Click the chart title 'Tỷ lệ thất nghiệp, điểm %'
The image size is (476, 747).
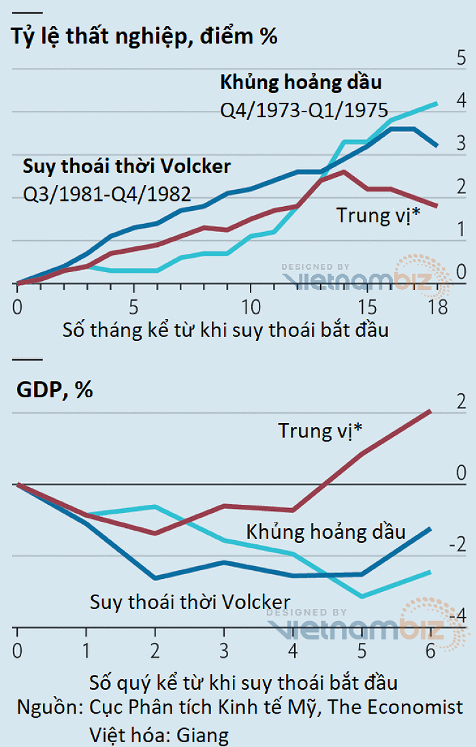tap(144, 35)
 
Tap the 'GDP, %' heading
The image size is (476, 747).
tap(54, 390)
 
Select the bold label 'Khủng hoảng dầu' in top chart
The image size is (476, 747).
tap(300, 82)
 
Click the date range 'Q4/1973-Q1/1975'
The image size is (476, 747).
tap(304, 110)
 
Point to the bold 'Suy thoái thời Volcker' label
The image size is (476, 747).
tap(127, 166)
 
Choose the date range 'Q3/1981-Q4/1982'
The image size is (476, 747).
tap(107, 194)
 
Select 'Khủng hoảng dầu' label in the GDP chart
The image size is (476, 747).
tap(326, 531)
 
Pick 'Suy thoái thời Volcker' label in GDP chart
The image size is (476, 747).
tap(190, 601)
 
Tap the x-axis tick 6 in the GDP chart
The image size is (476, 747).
tap(430, 650)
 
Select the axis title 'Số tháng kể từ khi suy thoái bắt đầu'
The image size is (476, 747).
tap(225, 331)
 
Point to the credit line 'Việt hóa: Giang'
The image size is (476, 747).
tap(159, 735)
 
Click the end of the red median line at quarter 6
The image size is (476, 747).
tap(430, 411)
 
